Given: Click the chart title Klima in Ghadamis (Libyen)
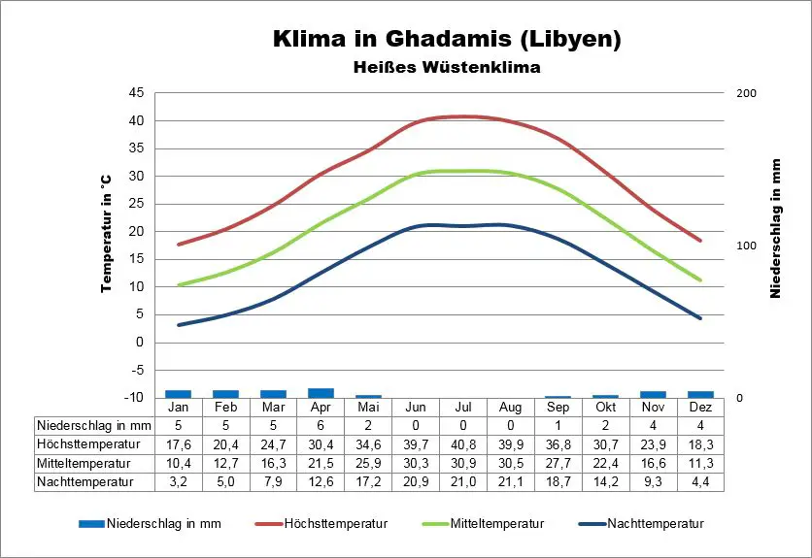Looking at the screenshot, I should coord(446,40).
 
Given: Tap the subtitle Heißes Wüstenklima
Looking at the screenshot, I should coord(446,68).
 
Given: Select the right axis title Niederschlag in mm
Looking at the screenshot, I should coord(776,228).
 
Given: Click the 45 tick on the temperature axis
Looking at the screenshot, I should coord(135,93).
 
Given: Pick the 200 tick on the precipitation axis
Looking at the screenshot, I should coord(746,93).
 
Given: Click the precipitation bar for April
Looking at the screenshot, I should coord(321,393).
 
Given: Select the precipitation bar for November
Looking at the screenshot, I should coord(653,394).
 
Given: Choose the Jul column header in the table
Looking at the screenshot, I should coord(463,408).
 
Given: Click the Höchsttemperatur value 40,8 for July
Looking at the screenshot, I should coord(463,444).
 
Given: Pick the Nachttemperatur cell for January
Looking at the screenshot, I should coord(178,481).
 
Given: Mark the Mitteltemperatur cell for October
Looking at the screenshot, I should coord(605,463).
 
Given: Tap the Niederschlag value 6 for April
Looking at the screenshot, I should coord(321,426).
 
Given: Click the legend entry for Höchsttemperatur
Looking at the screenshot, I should coord(335,524).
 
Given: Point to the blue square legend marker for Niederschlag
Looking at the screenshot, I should coord(91,524).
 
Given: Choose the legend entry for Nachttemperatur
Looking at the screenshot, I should coord(654,524).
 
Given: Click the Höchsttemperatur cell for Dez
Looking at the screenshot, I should coord(700,444).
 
